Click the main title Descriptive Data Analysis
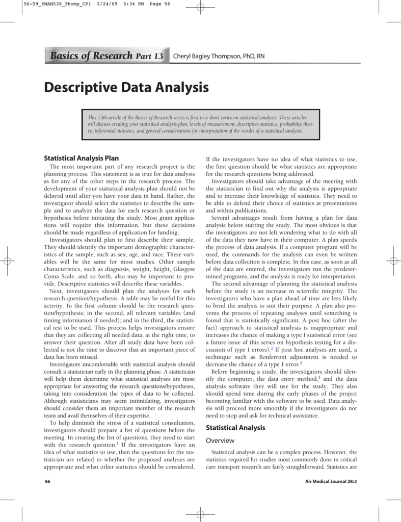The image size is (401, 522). pos(126,87)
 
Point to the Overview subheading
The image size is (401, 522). pos(220,440)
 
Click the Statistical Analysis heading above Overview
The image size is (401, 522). pos(235,427)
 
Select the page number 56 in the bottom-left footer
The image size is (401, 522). pos(47,481)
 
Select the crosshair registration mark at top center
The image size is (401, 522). pos(200,7)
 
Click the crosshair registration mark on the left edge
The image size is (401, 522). pos(7,260)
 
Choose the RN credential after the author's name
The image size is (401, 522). pos(260,56)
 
